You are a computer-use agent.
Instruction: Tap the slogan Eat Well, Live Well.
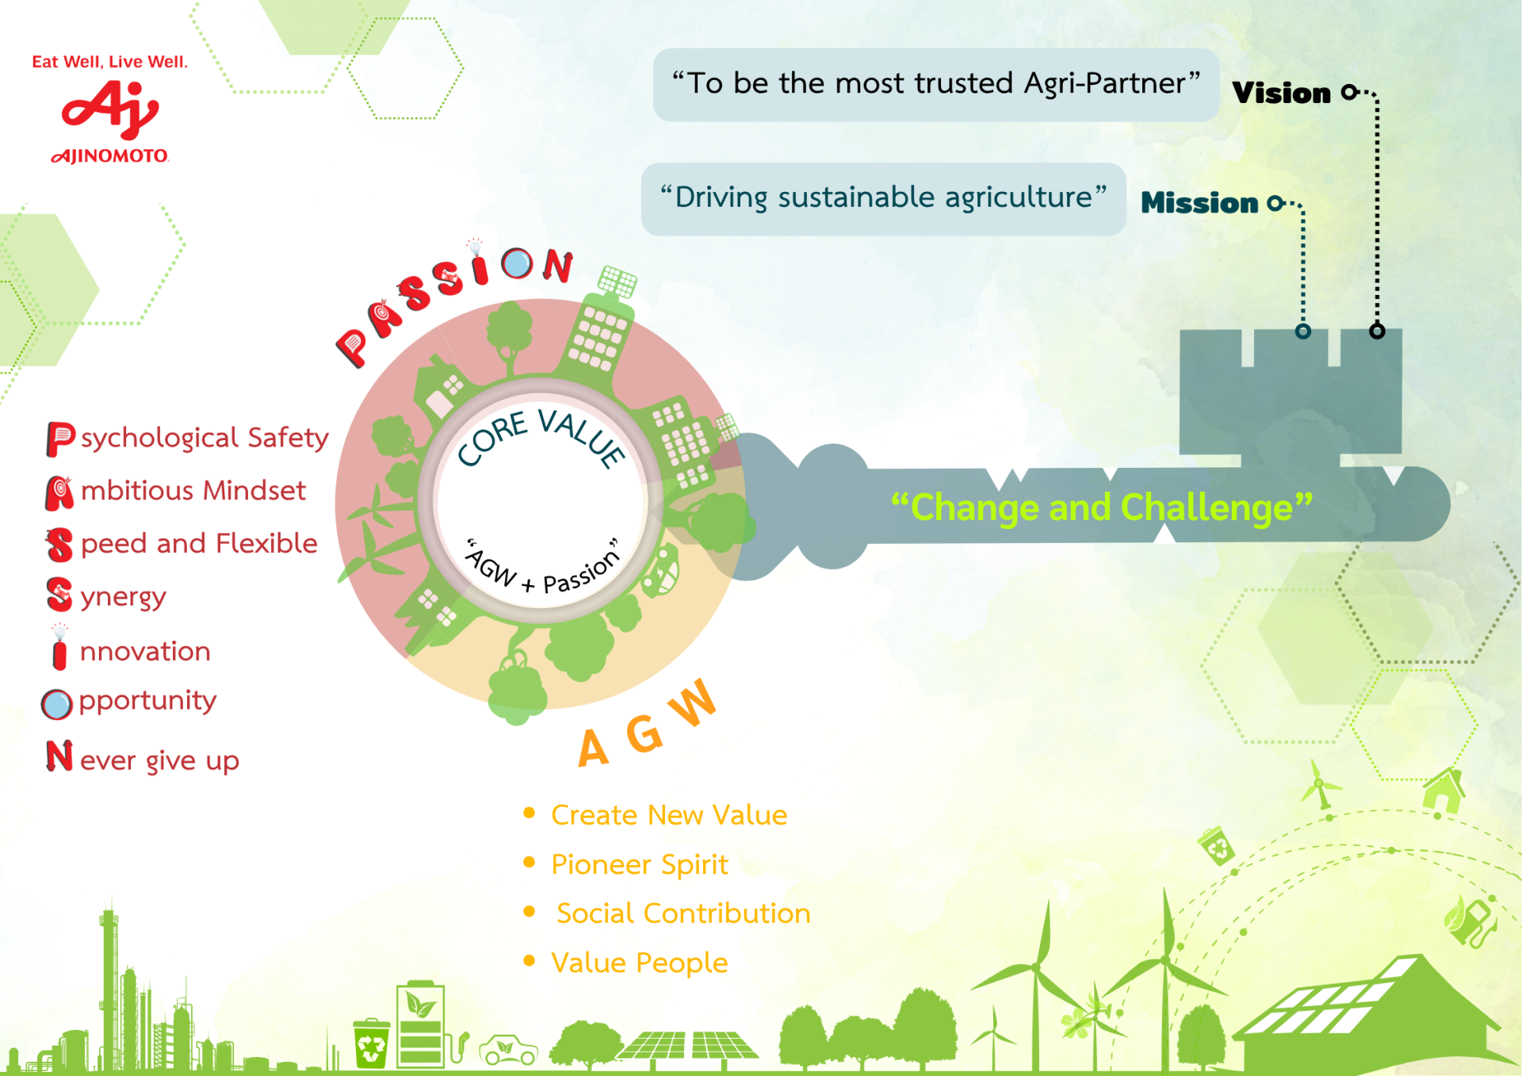point(110,62)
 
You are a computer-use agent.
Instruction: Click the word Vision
point(1281,93)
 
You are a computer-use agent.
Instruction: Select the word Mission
point(1199,203)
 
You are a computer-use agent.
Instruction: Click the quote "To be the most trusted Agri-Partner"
point(936,83)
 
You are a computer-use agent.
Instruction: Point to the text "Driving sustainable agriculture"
point(883,197)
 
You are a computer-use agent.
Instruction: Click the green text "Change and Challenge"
point(1102,507)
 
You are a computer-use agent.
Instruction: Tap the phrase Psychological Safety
point(188,438)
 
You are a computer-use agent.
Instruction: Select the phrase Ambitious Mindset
point(175,492)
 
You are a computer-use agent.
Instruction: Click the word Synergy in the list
point(106,596)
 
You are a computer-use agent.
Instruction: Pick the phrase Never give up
point(143,758)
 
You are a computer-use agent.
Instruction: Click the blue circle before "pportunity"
point(56,703)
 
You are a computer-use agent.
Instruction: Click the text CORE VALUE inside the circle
point(541,436)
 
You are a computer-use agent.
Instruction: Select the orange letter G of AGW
point(644,733)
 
